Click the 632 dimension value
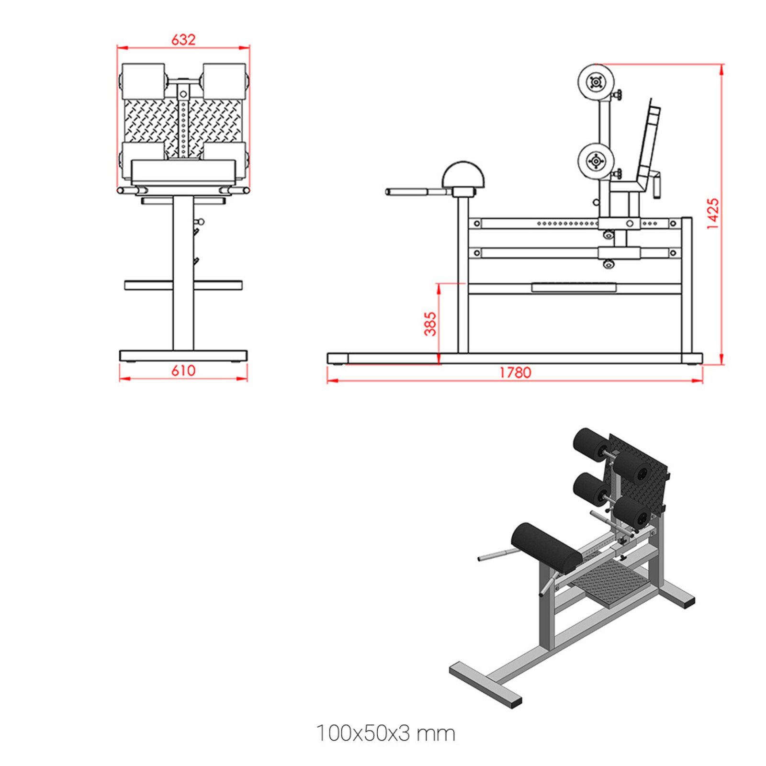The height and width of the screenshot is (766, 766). pos(183,39)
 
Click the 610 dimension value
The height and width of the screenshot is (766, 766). pos(183,371)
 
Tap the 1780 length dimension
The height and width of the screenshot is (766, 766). pos(515,372)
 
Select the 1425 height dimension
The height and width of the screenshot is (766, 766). pos(713,214)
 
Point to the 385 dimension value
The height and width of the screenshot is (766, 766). pos(430,324)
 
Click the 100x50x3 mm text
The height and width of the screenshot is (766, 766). pos(386,733)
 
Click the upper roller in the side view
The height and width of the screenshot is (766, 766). pos(596,82)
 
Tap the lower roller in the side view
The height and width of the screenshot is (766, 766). pos(596,161)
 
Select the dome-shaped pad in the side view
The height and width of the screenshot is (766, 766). pos(463,174)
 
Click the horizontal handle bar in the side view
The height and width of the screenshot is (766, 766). pos(414,192)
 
